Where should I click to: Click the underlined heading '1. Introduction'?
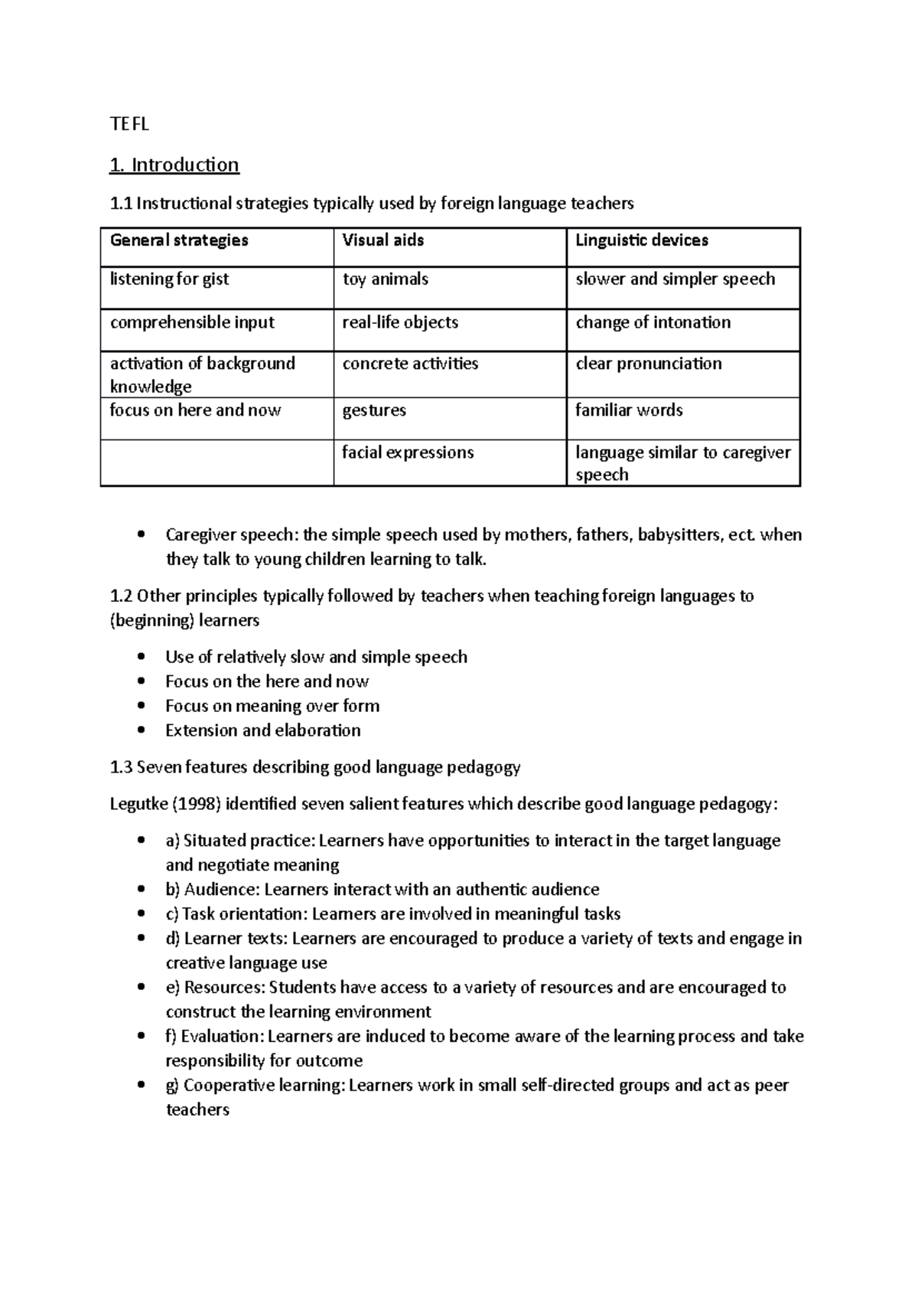tap(174, 165)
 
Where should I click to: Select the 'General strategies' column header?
tap(179, 240)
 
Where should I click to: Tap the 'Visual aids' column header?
tap(383, 240)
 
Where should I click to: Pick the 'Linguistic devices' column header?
tap(641, 240)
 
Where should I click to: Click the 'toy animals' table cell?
tap(385, 279)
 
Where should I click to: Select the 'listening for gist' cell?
tap(169, 279)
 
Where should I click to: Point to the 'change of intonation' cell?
tap(653, 322)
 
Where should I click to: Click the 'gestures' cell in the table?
tap(374, 410)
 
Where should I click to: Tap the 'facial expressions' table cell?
tap(408, 452)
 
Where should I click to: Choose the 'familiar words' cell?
tap(629, 410)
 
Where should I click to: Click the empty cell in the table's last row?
tap(216, 462)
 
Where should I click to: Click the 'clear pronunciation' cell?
tap(648, 364)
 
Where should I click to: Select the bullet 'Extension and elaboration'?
tap(262, 730)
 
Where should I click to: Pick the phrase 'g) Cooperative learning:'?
tap(256, 1086)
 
